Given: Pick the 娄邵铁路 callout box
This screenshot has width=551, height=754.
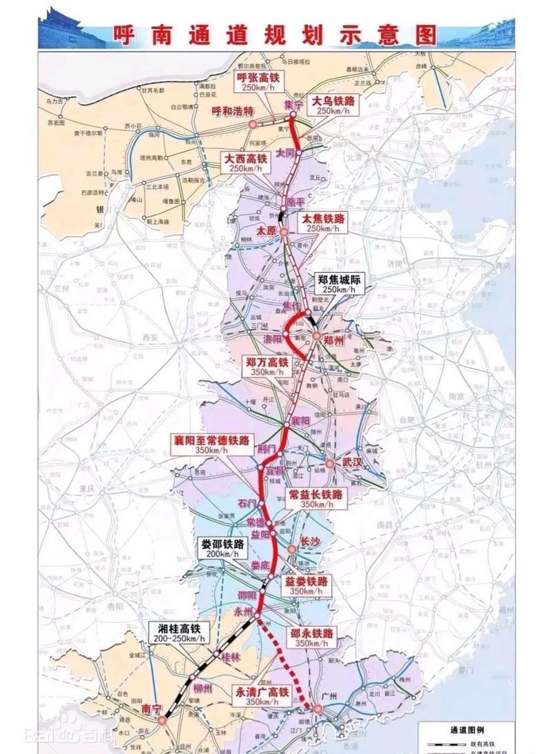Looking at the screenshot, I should [221, 548].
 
